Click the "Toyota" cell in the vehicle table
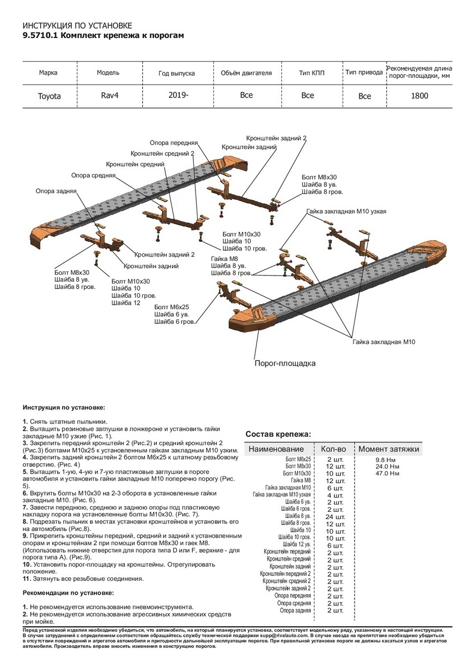click(49, 96)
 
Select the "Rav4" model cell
click(110, 95)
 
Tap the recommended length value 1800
click(420, 96)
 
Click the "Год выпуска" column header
click(176, 73)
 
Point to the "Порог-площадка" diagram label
click(285, 363)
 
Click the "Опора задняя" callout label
click(56, 191)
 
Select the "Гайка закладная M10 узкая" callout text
click(346, 212)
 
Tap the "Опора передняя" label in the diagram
click(173, 143)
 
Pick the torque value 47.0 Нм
click(387, 474)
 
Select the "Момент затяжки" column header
click(388, 449)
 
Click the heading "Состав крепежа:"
click(278, 434)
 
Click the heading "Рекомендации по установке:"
click(68, 592)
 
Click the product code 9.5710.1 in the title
click(39, 35)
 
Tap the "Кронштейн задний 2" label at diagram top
click(276, 138)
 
